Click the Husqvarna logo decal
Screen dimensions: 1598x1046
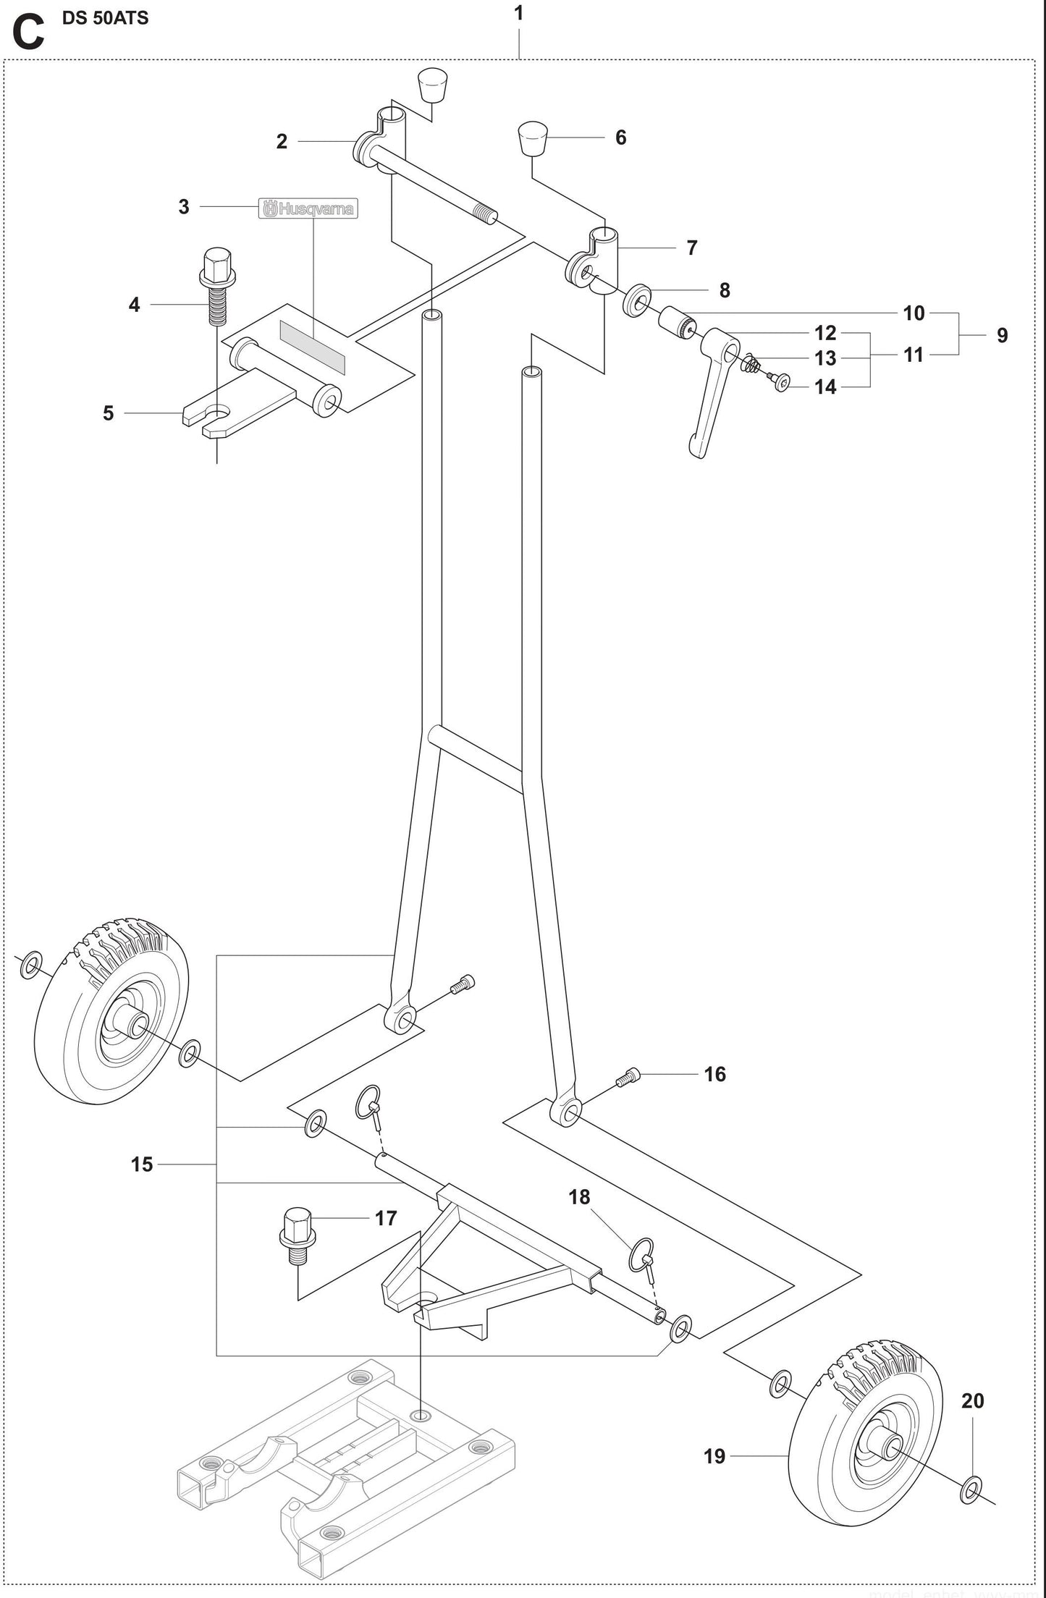tap(308, 209)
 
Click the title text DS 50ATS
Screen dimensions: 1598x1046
tap(105, 18)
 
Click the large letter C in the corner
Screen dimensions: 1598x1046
tap(28, 33)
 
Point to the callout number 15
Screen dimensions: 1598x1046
tap(142, 1164)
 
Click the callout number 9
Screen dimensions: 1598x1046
tap(1002, 335)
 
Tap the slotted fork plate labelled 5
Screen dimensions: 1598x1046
tap(217, 420)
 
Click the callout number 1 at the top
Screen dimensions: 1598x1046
tap(518, 13)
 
